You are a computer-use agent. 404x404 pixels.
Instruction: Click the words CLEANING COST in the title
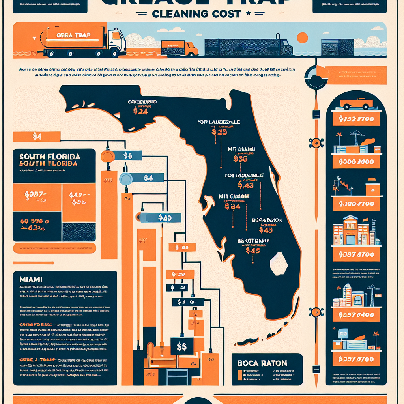(196, 13)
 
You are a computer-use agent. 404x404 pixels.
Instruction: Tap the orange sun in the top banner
(302, 37)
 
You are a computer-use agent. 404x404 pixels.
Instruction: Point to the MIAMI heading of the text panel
(31, 279)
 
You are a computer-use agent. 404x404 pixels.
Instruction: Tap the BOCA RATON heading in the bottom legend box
(262, 363)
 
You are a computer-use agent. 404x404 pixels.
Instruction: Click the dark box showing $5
(182, 347)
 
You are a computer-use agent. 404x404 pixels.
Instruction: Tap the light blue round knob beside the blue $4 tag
(126, 179)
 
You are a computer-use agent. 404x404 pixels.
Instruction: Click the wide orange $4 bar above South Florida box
(36, 137)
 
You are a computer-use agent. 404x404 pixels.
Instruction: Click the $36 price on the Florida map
(240, 159)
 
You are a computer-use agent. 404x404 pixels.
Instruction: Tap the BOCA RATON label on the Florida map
(266, 220)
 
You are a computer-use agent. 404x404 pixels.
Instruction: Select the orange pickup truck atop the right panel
(356, 104)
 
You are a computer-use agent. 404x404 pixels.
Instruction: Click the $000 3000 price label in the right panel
(356, 162)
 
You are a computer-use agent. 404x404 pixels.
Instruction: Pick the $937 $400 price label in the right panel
(356, 315)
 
